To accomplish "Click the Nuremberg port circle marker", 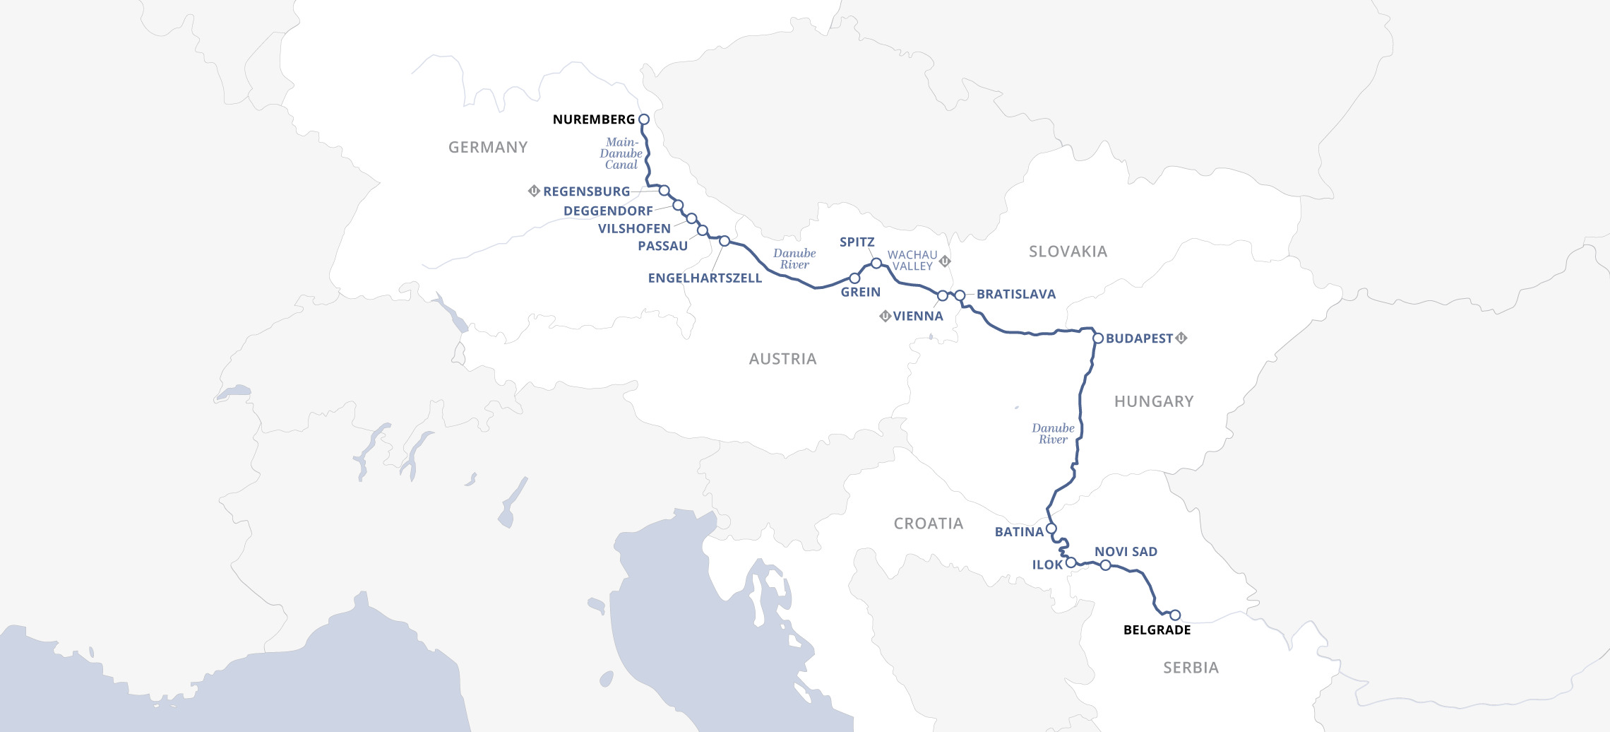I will point(643,119).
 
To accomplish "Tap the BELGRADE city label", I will point(1157,630).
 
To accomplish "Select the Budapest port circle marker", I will point(1098,338).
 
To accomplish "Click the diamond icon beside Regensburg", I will point(534,191).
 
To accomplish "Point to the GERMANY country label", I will point(488,147).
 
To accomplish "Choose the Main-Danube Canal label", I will point(621,153).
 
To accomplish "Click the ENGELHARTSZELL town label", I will point(705,278).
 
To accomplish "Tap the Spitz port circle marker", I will point(876,263).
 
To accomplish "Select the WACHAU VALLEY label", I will point(912,260).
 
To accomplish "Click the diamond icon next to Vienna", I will point(885,316).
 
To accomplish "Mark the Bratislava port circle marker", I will point(960,295).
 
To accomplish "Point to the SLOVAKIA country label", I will point(1068,252).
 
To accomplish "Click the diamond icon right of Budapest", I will point(1181,338).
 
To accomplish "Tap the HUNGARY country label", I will point(1154,401).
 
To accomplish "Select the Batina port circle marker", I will point(1051,529).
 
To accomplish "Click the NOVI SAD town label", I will point(1126,552).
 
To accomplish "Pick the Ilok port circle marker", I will point(1071,563).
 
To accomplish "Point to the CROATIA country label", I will point(928,524).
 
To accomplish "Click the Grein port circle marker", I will point(854,278).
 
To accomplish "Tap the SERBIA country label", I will point(1191,668).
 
